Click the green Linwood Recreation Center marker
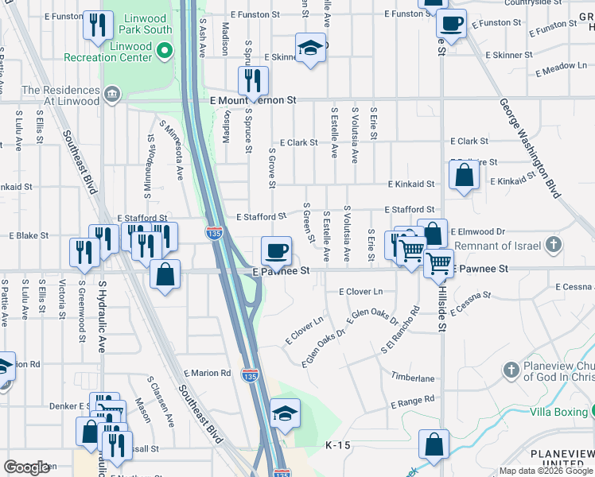point(165,52)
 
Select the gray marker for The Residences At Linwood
point(112,95)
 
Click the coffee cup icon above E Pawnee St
point(277,250)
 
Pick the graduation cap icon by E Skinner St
point(311,47)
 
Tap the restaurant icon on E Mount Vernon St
point(253,79)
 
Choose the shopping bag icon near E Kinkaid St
point(464,175)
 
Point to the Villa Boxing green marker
point(592,411)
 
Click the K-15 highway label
point(337,447)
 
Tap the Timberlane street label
point(413,378)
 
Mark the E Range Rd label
point(413,399)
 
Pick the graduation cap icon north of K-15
point(285,413)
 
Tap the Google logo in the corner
point(26,467)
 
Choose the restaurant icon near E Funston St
point(97,25)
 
